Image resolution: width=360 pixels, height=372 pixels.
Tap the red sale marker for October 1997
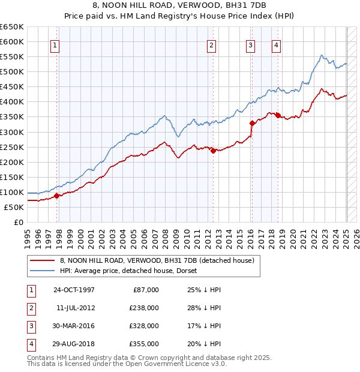pos(57,196)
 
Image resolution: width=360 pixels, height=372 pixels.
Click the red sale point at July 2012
pos(213,151)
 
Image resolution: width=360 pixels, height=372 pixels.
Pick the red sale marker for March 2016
pos(252,123)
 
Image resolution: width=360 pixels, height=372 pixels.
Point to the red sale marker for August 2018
pos(278,115)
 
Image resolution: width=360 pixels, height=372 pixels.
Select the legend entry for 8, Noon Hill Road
pos(157,260)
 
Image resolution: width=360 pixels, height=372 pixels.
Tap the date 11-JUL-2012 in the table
pos(76,308)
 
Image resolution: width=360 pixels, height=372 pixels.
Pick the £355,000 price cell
pos(144,344)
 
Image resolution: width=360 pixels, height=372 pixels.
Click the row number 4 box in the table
pos(30,344)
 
